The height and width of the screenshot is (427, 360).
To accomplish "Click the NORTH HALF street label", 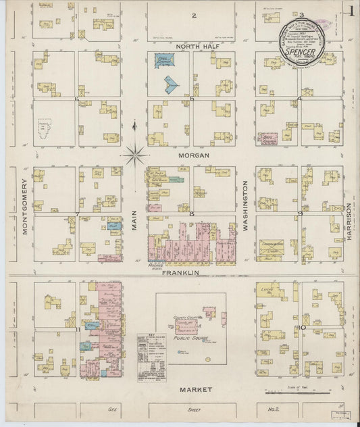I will (x=195, y=46).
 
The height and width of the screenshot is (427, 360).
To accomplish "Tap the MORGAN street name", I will (x=194, y=155).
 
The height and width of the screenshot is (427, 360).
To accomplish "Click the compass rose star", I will (x=134, y=155).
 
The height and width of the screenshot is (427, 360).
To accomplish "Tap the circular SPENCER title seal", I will (x=301, y=41).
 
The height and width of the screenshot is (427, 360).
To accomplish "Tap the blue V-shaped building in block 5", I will (x=172, y=84).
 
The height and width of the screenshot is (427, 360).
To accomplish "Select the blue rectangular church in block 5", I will (x=161, y=60).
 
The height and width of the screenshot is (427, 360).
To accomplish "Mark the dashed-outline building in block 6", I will (x=46, y=126).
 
